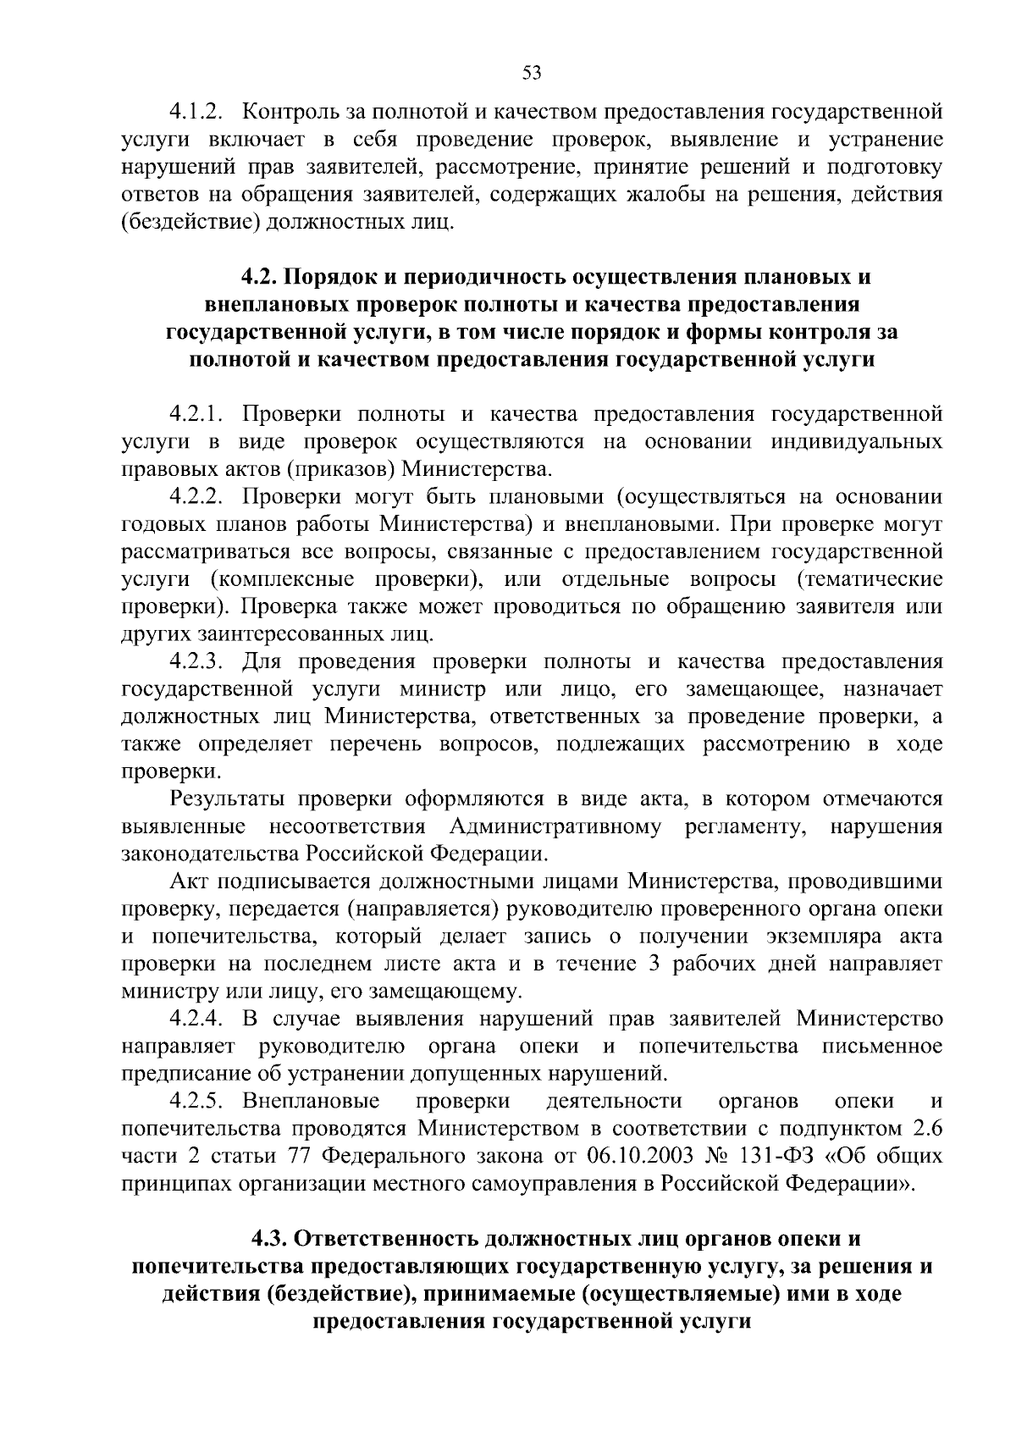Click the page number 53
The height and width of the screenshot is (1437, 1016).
(x=531, y=73)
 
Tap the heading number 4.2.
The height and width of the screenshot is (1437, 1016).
(x=257, y=277)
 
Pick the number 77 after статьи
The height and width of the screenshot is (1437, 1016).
(x=302, y=1156)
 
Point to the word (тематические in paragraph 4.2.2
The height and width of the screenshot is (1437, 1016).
(x=871, y=579)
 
